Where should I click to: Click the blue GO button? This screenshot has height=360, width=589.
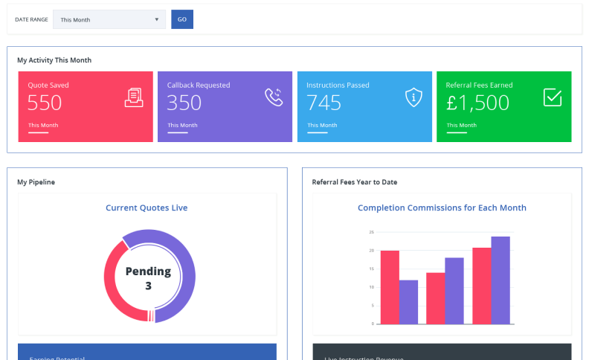[x=182, y=19]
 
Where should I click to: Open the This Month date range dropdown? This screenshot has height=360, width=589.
[x=109, y=19]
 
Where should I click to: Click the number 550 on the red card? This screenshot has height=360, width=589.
[x=45, y=103]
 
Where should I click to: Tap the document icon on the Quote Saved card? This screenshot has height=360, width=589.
[x=134, y=97]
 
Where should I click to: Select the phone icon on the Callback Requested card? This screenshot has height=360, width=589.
[x=274, y=97]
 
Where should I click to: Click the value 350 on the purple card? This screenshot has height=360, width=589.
[x=184, y=103]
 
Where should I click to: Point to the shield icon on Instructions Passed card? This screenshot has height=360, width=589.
[x=413, y=97]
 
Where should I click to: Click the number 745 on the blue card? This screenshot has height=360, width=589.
[x=324, y=103]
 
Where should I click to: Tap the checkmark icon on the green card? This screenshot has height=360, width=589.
[x=553, y=97]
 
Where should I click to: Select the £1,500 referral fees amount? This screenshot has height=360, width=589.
[x=477, y=103]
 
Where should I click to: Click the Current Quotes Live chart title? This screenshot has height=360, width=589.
[x=147, y=208]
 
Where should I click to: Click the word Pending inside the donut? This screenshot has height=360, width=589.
[x=148, y=271]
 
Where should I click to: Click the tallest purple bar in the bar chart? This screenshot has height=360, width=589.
[x=501, y=280]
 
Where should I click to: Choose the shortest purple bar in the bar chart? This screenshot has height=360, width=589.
[x=408, y=302]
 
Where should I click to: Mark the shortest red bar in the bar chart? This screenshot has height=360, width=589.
[x=435, y=298]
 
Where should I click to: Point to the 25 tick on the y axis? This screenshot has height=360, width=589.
[x=371, y=232]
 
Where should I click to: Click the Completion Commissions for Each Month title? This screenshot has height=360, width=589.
[x=442, y=208]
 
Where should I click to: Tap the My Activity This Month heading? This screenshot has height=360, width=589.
[x=54, y=60]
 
